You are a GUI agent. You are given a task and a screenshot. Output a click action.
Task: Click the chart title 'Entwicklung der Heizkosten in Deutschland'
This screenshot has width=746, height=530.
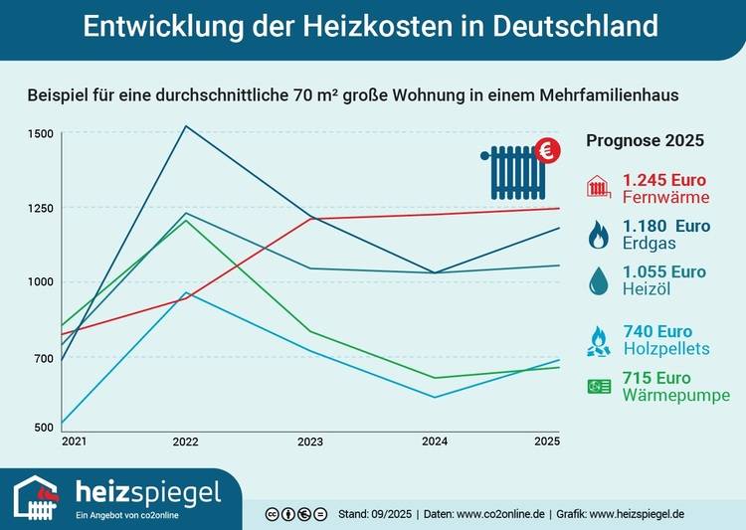pos(370,27)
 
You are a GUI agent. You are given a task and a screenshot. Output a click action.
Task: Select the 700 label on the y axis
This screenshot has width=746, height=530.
pos(44,358)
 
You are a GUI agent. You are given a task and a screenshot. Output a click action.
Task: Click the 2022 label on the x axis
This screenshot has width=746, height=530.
pos(185,441)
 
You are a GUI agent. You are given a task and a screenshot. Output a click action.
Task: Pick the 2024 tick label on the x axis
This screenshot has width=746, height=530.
pos(435,441)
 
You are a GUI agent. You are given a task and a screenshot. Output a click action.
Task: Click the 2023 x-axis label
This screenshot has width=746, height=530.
pos(310,441)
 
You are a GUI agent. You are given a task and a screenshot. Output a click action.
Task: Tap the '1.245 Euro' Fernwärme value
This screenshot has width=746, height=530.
pos(664,180)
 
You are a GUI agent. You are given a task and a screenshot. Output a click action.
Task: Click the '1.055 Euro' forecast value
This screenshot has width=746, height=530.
pos(664,271)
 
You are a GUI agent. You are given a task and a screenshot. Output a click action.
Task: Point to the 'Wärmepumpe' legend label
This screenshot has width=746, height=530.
pos(676,395)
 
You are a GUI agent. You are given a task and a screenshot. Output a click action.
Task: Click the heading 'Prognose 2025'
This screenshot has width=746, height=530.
pos(646,141)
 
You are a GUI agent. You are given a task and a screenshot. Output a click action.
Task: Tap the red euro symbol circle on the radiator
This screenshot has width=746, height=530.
pos(547,150)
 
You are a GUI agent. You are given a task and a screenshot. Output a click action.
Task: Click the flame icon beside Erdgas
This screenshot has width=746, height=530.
pos(599,235)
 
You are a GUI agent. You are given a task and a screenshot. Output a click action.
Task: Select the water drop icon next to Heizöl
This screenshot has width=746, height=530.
pos(599,281)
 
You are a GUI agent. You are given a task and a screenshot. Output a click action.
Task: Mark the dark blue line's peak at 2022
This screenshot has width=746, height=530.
pos(185,126)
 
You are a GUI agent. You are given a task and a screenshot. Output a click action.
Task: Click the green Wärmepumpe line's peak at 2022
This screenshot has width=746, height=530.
pos(185,220)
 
